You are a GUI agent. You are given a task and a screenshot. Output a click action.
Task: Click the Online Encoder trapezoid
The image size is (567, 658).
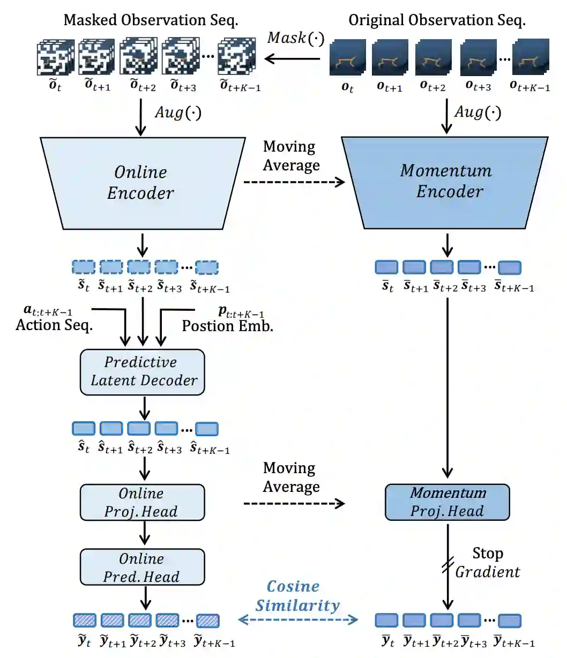tap(143, 183)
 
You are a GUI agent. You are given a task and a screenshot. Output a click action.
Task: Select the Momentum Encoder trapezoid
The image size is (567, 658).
tap(445, 183)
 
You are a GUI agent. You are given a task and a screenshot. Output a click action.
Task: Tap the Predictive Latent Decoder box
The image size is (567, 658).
tap(143, 372)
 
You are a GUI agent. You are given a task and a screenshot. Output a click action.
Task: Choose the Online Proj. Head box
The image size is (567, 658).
tap(143, 502)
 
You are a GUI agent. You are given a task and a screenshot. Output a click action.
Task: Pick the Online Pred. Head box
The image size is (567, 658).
tap(143, 567)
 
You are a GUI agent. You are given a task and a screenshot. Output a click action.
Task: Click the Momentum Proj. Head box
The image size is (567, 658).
tap(447, 502)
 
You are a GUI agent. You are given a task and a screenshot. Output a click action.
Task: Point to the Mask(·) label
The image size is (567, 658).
tap(296, 38)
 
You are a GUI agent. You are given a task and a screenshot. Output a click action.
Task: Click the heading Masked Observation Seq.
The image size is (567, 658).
tap(151, 20)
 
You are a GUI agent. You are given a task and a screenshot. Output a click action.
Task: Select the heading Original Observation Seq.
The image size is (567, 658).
tap(437, 20)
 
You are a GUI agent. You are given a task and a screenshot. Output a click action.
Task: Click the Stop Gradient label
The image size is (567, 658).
tap(487, 563)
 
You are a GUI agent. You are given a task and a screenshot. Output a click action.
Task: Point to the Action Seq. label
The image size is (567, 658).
tap(54, 325)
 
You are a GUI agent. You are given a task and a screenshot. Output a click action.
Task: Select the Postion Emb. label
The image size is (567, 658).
tap(228, 326)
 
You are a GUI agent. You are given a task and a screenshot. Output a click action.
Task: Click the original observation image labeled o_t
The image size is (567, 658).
tap(348, 57)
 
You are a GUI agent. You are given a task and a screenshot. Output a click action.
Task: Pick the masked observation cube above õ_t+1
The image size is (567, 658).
tap(96, 57)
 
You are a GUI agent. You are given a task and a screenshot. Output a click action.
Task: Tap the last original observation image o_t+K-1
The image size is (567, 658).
tap(531, 57)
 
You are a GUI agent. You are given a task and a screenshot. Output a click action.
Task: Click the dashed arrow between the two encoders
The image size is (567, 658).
tap(294, 182)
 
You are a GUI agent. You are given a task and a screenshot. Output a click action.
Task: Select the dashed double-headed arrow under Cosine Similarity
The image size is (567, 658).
tap(298, 619)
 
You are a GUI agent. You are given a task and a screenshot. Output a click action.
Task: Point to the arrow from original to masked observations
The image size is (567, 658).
tap(292, 58)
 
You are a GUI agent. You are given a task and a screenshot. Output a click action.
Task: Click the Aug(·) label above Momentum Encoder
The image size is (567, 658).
tap(478, 112)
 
